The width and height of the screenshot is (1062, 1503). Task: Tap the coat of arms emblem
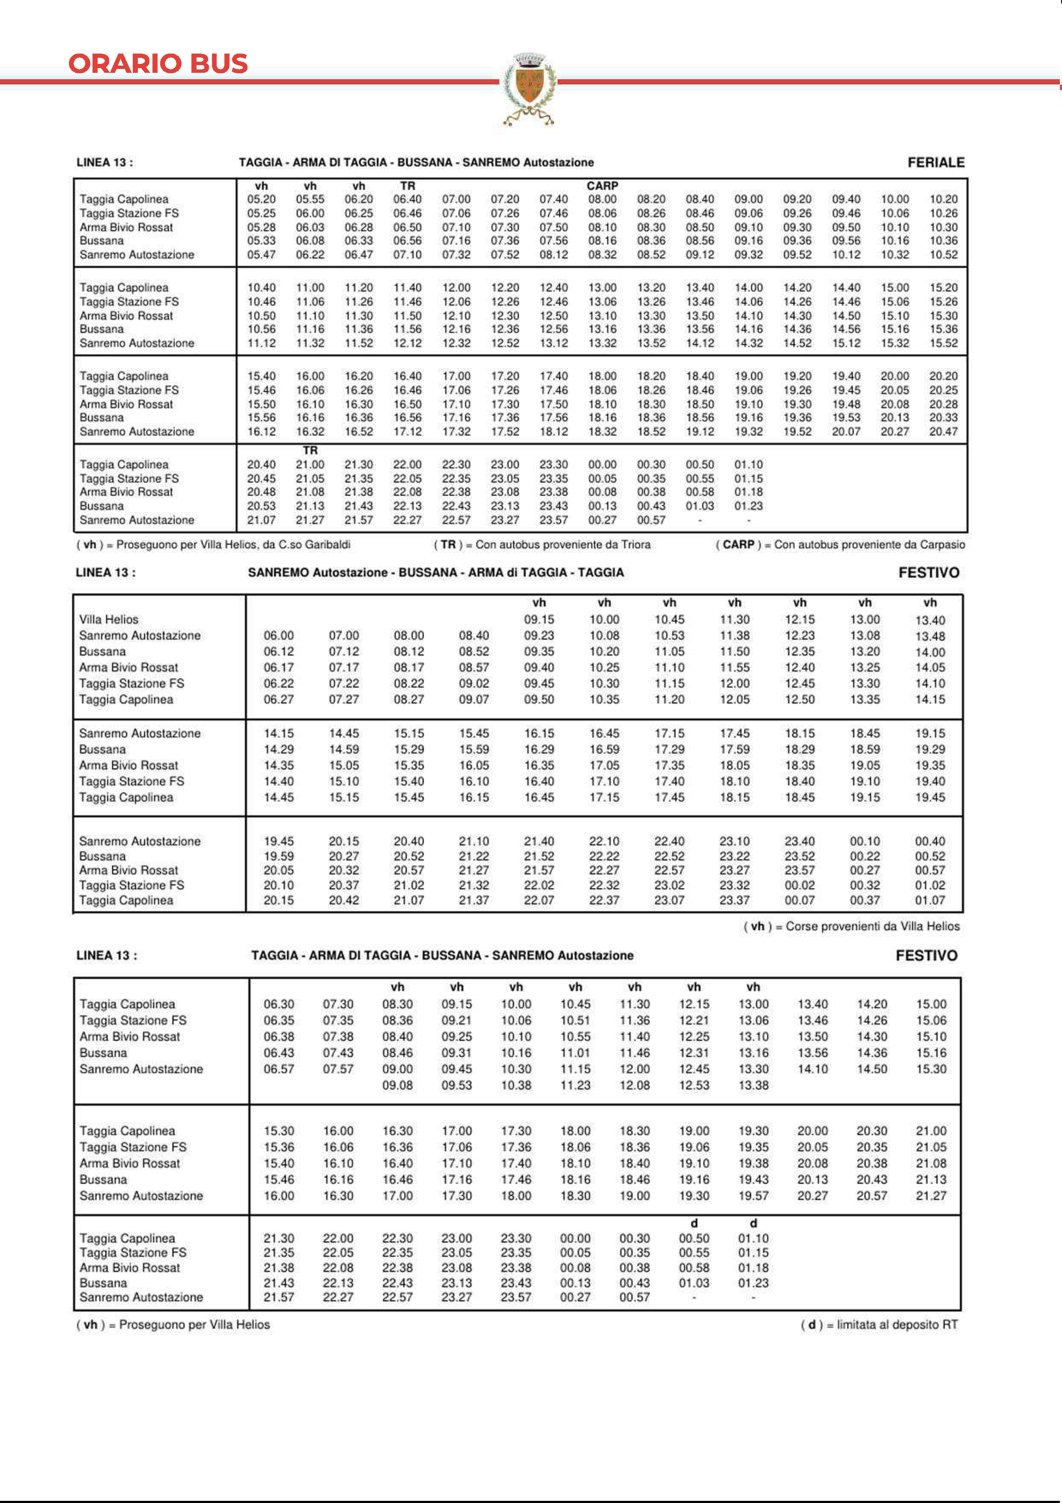529,88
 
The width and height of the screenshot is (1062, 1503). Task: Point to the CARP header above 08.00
602,186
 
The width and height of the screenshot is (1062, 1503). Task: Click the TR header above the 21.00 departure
310,450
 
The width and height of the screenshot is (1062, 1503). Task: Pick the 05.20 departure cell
261,199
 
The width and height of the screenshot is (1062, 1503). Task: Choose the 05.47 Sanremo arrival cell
261,254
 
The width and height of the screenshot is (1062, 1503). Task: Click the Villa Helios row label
109,619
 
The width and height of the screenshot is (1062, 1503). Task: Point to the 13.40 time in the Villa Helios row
930,620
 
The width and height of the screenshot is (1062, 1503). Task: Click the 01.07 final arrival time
930,900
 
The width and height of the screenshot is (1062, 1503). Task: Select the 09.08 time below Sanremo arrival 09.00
397,1085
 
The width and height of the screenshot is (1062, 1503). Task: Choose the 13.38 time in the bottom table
753,1085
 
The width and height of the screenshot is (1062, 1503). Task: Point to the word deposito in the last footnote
907,1324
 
